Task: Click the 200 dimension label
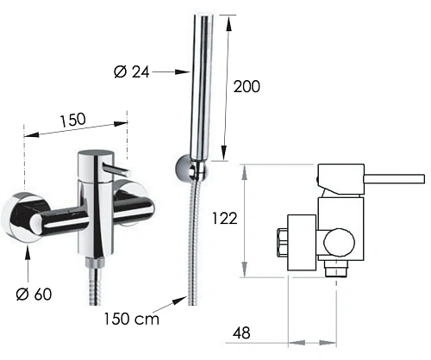(247, 86)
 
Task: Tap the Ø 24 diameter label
(132, 71)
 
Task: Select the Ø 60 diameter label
(34, 294)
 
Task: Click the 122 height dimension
(225, 219)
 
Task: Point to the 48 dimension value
(241, 333)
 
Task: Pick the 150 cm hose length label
(131, 319)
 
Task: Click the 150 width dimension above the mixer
(73, 120)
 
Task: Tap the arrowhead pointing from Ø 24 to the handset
(183, 71)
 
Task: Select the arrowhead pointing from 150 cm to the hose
(179, 301)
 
